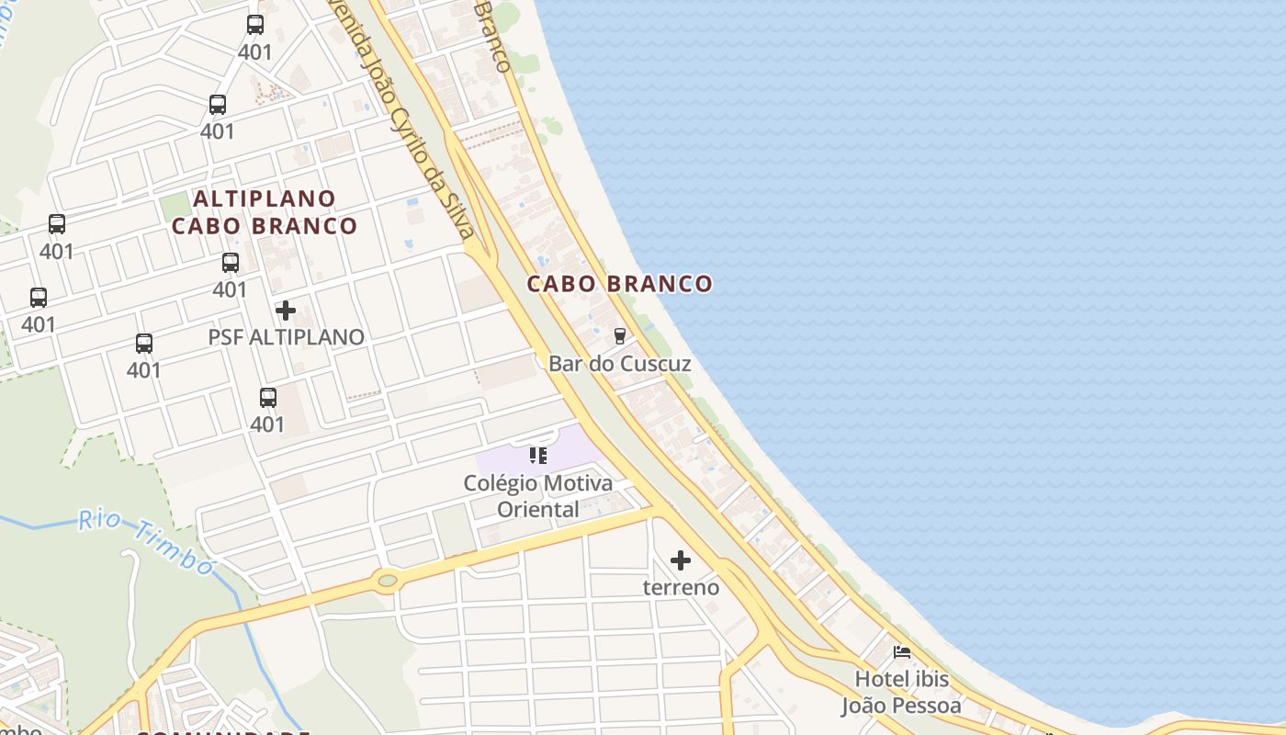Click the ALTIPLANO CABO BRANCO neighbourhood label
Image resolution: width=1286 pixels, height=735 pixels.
[x=265, y=212]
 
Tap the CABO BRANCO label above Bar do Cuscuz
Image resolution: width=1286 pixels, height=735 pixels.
[x=620, y=284]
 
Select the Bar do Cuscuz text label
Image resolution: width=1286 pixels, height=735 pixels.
[x=620, y=364]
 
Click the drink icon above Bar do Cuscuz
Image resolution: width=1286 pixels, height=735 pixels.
[x=620, y=336]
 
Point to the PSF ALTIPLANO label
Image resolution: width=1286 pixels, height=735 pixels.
[x=286, y=337]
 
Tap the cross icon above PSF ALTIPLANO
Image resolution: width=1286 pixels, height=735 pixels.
[x=286, y=311]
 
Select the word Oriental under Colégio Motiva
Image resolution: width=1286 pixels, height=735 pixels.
[x=538, y=509]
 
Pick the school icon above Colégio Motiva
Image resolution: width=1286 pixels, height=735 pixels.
[x=538, y=455]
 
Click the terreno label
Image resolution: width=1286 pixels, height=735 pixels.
[x=681, y=587]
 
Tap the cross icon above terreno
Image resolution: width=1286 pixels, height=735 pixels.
[x=681, y=560]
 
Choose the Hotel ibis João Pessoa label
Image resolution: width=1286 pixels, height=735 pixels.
[x=902, y=693]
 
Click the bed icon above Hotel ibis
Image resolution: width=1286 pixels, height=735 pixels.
[x=902, y=653]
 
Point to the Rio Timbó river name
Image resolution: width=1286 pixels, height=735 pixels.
[x=147, y=540]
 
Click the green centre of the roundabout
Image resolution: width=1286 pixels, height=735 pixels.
[x=388, y=580]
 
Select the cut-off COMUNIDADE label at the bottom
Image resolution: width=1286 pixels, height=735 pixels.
[x=220, y=732]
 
